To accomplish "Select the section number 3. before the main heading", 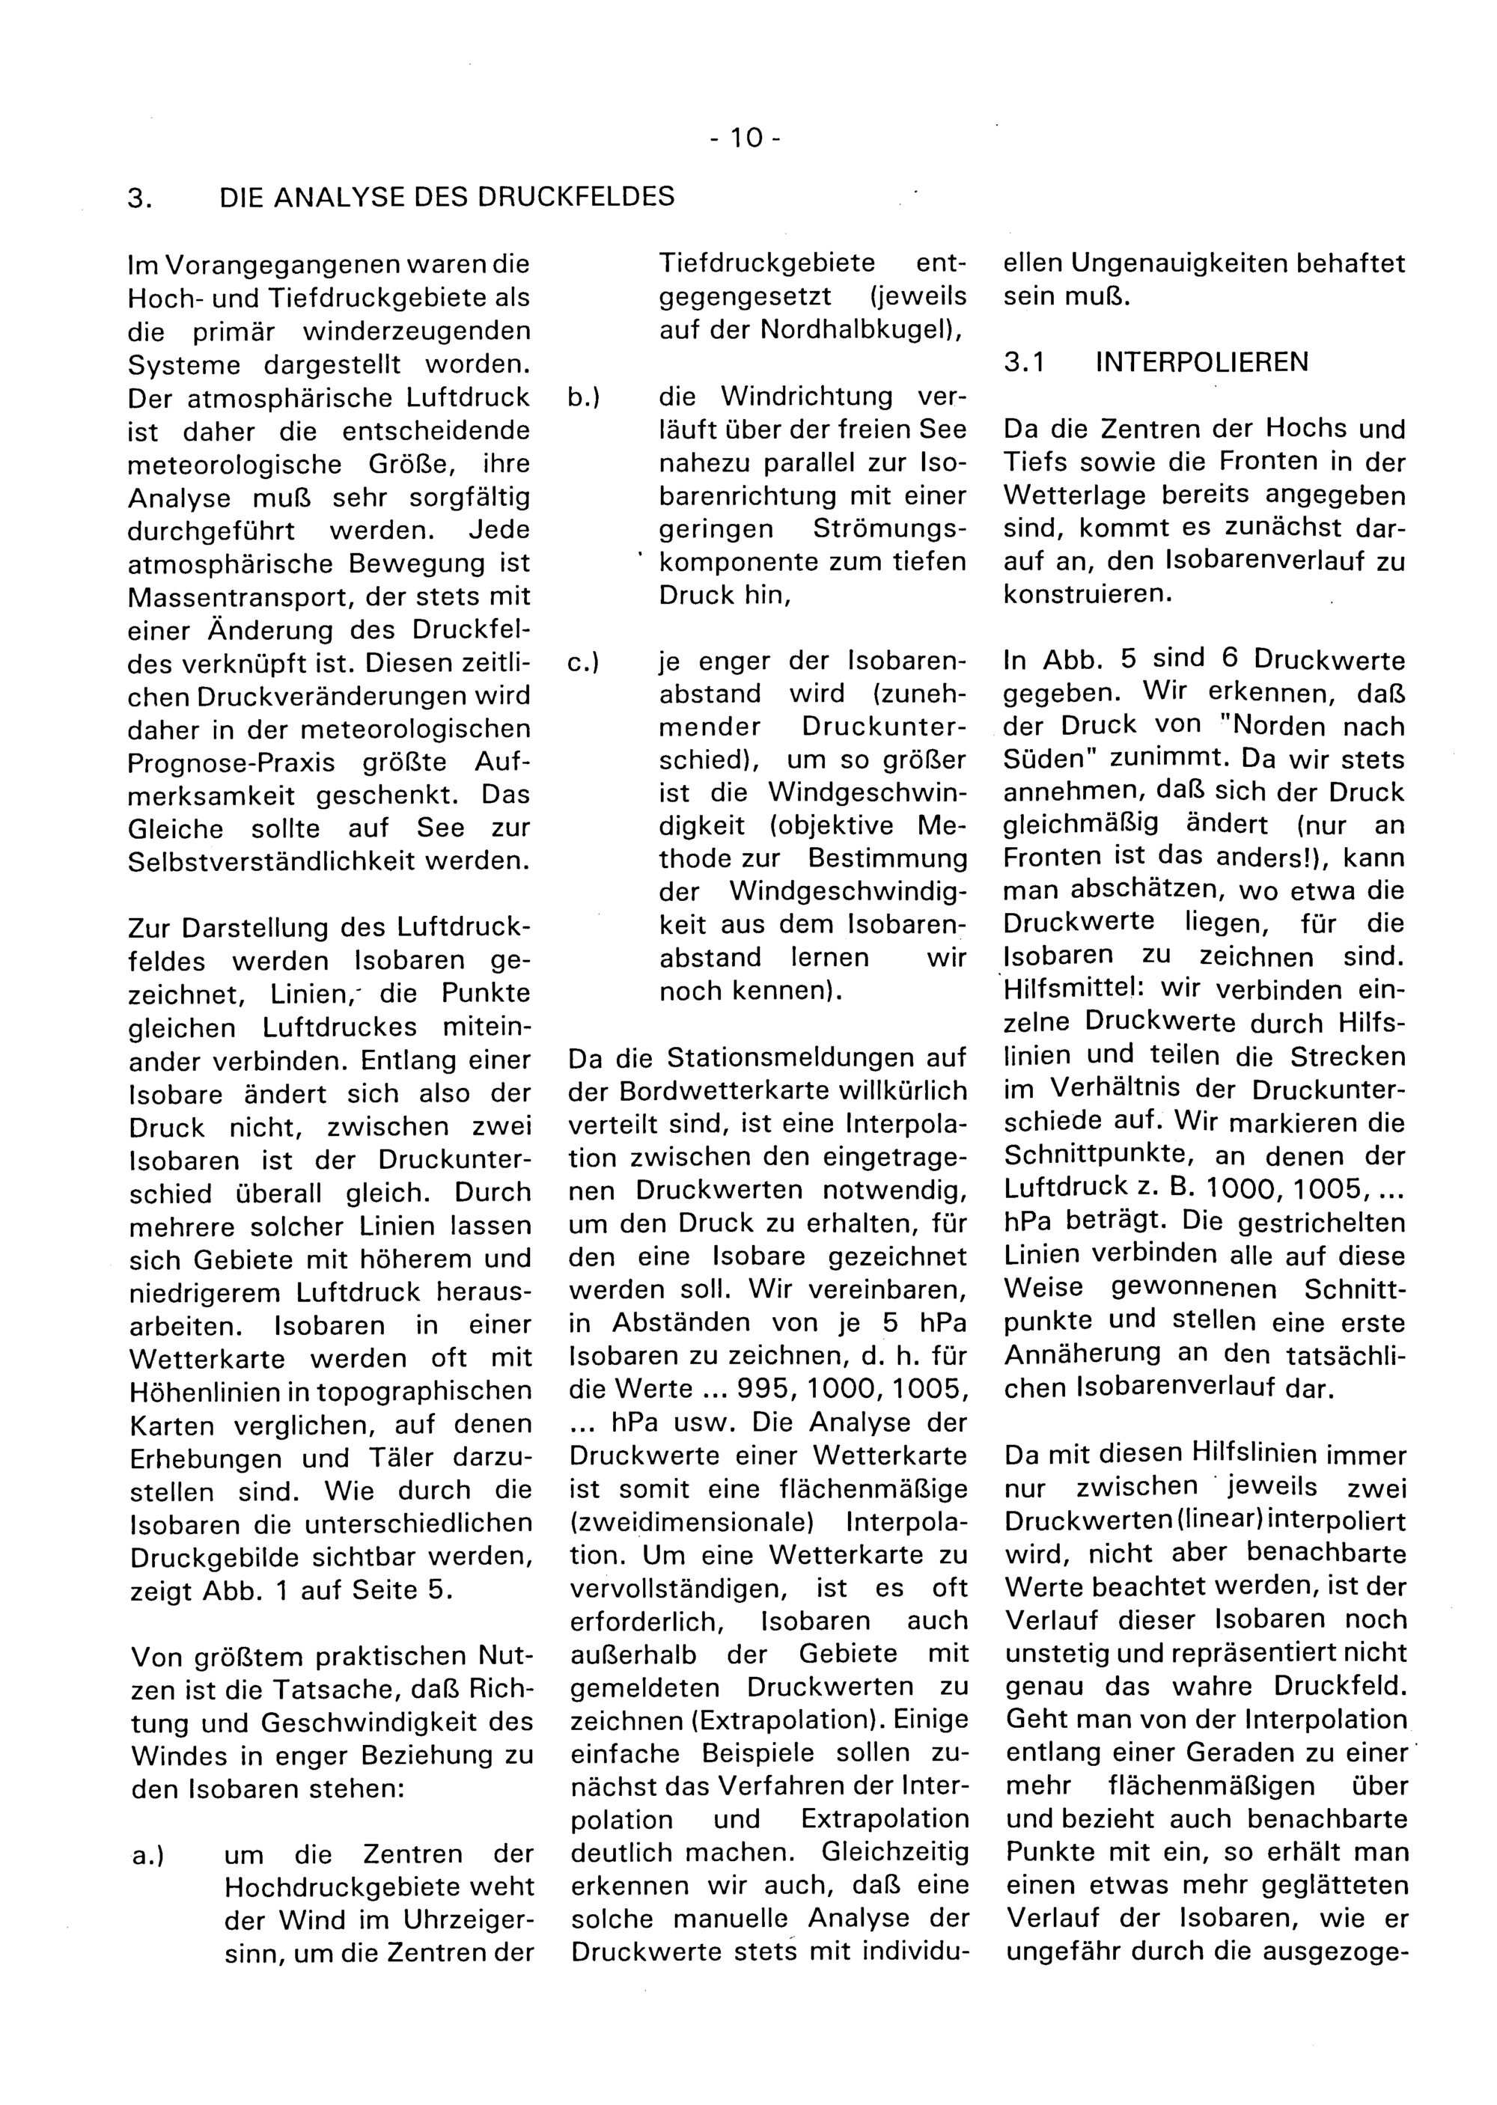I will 138,198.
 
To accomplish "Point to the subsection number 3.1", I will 1024,363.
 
